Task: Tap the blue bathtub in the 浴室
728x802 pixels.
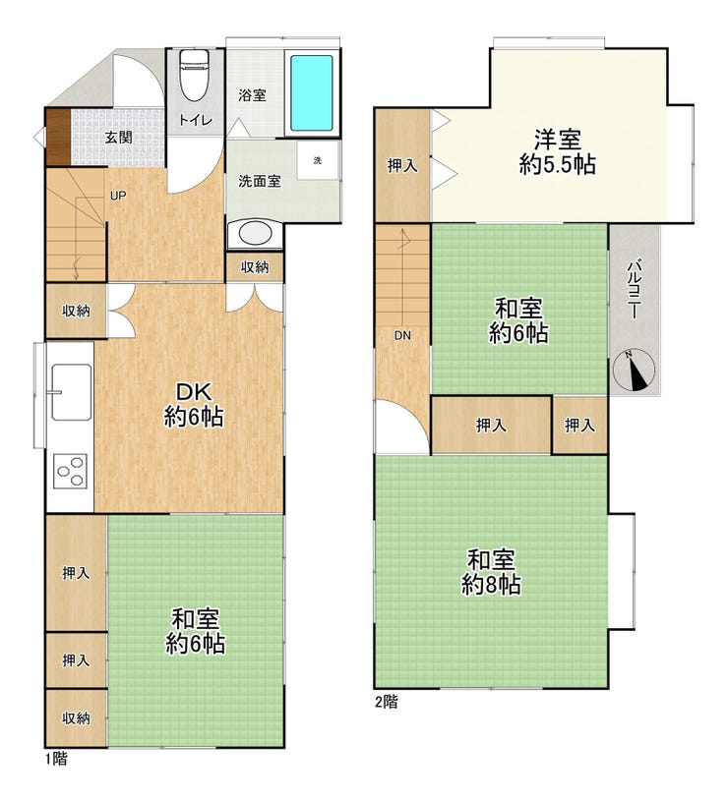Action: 312,93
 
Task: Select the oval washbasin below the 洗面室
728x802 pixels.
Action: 255,234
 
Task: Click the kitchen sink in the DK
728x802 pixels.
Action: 71,392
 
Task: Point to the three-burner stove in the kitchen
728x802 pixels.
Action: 71,471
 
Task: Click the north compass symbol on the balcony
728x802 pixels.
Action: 635,370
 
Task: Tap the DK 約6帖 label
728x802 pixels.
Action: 194,405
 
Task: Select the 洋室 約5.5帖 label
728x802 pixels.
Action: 557,152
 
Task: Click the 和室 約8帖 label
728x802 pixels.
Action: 492,572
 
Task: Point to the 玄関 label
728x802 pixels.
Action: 118,137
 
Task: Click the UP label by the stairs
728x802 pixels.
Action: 118,196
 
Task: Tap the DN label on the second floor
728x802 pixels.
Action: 402,335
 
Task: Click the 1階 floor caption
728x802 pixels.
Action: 56,758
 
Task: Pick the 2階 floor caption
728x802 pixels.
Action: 386,702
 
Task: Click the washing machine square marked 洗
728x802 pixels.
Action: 318,160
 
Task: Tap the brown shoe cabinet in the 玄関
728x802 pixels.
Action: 58,137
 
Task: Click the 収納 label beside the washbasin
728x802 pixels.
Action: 255,266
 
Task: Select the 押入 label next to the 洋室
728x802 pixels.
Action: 402,165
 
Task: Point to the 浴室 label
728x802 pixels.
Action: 252,95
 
